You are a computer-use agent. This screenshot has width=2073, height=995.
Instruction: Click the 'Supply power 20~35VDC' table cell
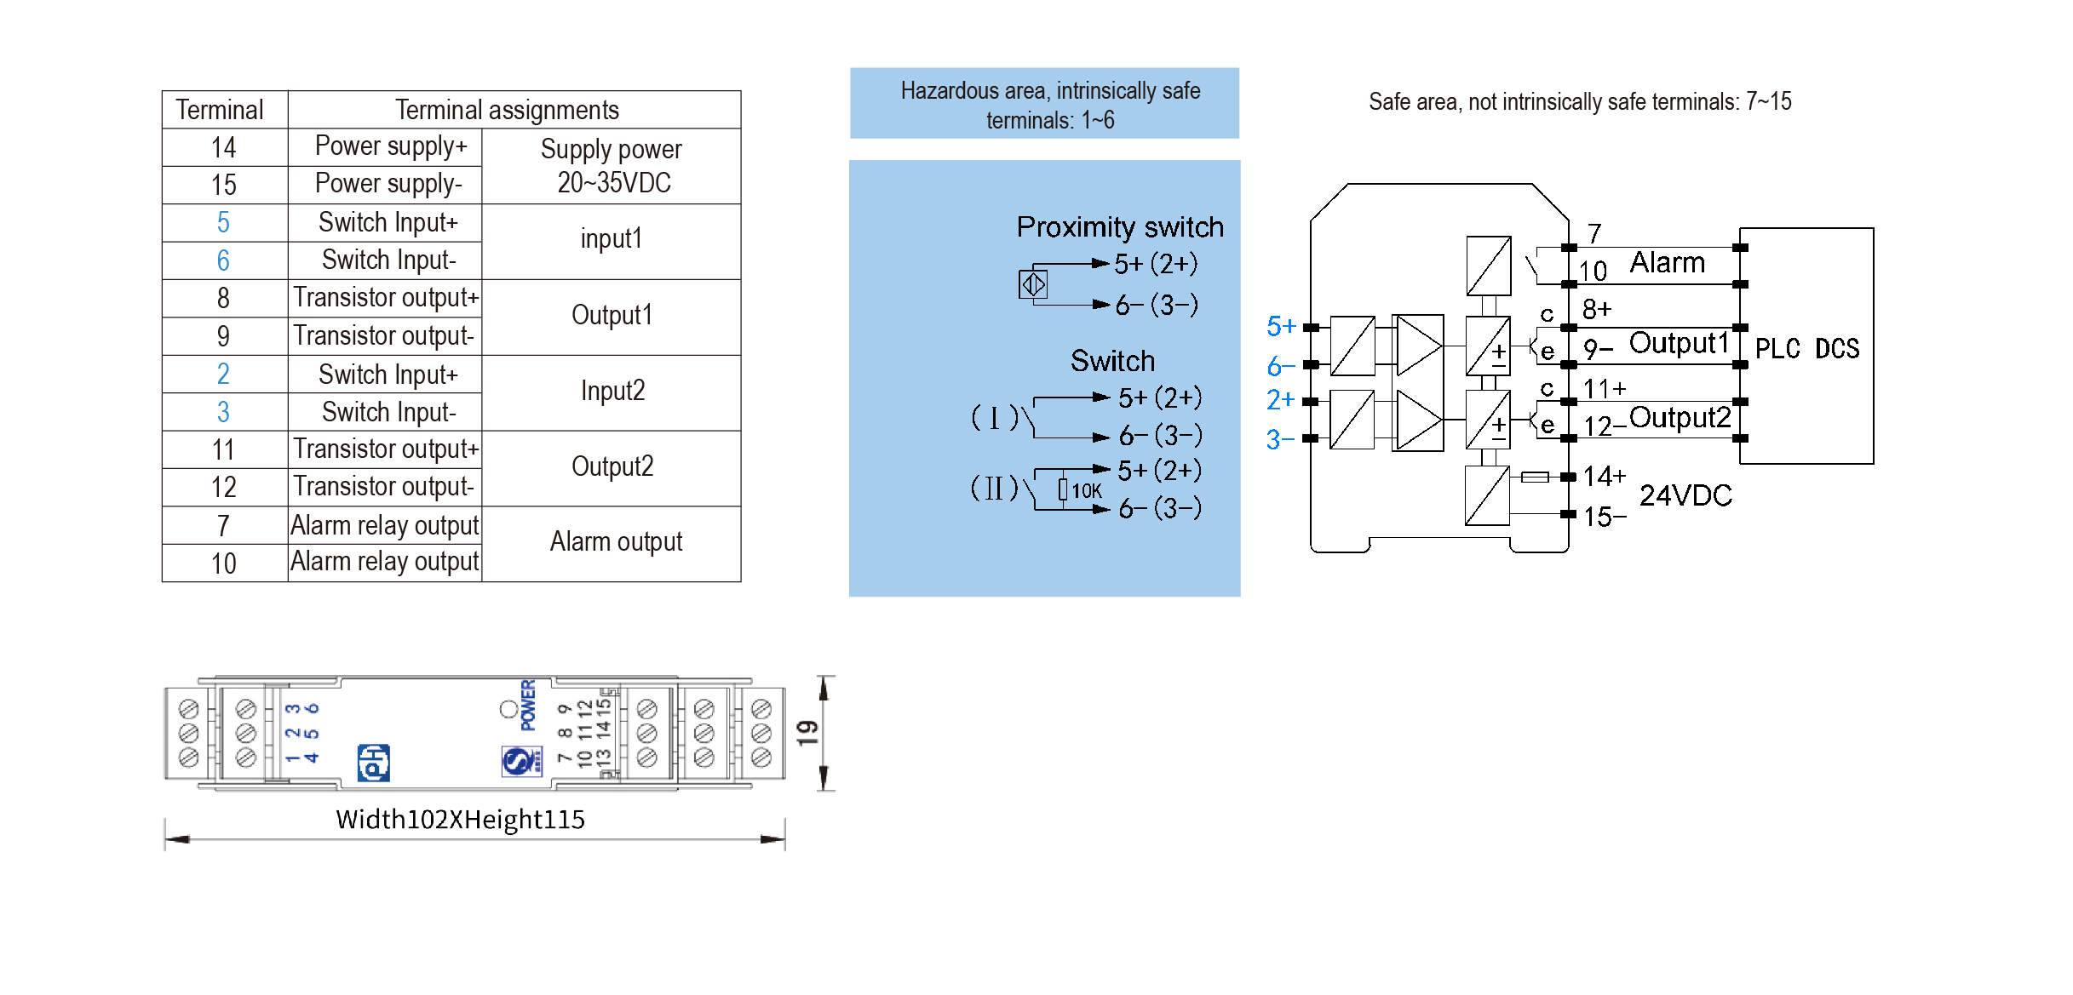612,166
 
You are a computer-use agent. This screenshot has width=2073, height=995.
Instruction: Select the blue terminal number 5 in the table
223,223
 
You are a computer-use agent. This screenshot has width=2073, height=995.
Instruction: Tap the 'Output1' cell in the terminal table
612,316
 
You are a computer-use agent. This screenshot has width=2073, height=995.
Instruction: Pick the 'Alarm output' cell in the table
615,542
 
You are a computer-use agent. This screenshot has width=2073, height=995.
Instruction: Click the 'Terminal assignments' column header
507,110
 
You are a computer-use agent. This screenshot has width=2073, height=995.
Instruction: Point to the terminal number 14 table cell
223,148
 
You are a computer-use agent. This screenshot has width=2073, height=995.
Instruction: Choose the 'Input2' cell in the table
612,392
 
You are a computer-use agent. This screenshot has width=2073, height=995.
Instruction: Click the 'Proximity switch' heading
1119,227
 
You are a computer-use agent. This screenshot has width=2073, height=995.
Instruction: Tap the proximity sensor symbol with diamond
1033,284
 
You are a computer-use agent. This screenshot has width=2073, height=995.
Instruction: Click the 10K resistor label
1086,491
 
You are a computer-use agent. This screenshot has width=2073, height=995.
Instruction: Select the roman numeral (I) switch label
994,418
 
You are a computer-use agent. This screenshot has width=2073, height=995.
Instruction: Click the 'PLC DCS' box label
1806,348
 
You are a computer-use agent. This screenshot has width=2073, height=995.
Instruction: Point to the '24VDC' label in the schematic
1685,495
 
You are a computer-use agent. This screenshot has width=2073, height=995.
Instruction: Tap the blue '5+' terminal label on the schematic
1280,326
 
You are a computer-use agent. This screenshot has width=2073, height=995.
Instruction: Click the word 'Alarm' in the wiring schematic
1667,263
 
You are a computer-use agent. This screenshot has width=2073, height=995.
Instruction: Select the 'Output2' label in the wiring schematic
1680,418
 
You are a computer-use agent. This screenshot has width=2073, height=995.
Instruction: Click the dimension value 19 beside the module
807,733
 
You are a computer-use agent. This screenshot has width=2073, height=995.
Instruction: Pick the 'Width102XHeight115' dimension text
460,820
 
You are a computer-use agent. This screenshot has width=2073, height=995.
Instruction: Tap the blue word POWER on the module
528,705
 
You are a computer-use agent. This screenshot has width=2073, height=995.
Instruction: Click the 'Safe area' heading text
1580,102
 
